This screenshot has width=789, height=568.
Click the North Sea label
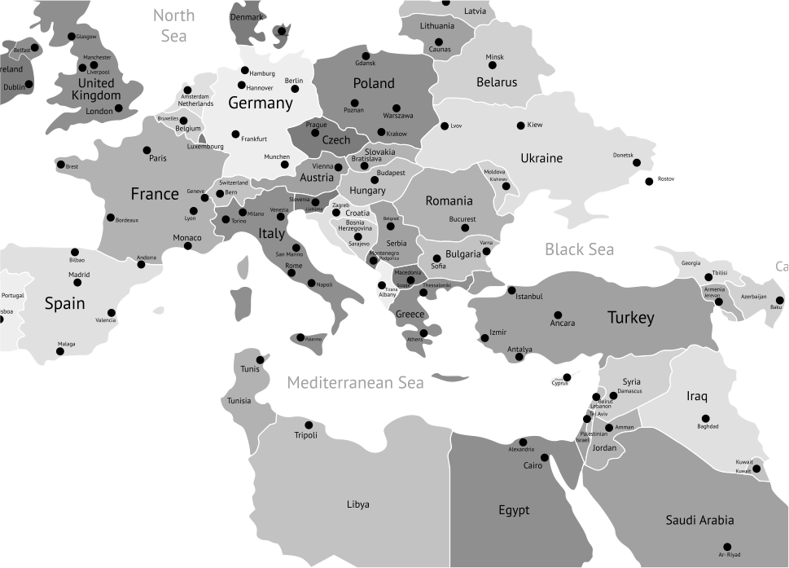coord(173,25)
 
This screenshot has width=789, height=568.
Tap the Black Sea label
coord(579,249)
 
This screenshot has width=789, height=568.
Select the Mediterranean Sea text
coord(355,382)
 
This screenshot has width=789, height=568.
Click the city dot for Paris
coord(147,150)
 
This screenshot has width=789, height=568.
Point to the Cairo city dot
coord(545,457)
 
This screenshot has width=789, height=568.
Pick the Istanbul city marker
coord(511,290)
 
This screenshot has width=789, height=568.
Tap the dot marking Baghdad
coord(703,416)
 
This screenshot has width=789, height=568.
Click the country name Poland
coord(374,83)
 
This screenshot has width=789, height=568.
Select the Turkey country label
coord(630,318)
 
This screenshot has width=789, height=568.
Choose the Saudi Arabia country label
coord(699,520)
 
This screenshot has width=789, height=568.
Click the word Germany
coord(260,103)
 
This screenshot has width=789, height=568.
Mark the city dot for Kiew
coord(521,125)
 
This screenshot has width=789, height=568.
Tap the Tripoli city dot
coord(309,425)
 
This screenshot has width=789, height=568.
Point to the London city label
coord(99,112)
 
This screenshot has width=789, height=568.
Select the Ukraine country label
coord(541,158)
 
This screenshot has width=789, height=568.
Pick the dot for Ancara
coord(558,315)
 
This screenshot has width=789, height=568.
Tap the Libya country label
coord(357,504)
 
